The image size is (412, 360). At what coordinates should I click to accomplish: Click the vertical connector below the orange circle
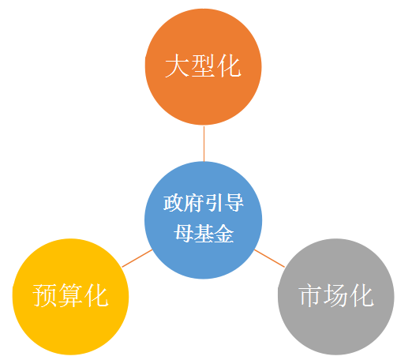pos(204,144)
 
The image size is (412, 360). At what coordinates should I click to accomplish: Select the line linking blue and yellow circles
pos(137,258)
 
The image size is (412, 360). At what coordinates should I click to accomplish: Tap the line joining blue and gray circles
pos(269,258)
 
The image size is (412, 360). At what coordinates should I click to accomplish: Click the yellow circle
pos(70,297)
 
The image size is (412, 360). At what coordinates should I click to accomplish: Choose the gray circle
pos(336,297)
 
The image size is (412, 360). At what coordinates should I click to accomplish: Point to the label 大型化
pos(203,66)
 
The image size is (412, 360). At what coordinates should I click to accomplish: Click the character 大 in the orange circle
pos(177,66)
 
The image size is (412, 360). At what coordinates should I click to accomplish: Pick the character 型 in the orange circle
pos(203,66)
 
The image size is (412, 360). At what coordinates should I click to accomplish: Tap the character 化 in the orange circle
pos(229,66)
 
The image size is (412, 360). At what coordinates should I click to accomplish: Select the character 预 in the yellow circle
pos(44,295)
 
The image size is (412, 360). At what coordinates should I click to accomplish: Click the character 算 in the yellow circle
pos(70,295)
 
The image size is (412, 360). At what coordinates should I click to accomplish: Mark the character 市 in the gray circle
pos(310,295)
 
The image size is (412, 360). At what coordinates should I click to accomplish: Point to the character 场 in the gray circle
pos(335,295)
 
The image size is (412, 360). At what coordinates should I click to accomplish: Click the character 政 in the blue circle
pos(174,203)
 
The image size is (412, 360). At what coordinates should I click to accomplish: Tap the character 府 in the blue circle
pos(193,203)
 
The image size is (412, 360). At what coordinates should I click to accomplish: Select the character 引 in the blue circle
pos(213,203)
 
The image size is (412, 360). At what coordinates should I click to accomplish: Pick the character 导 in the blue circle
pos(234,203)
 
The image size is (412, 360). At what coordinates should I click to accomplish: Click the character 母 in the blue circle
pos(183,234)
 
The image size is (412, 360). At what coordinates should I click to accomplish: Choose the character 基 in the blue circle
pos(204,234)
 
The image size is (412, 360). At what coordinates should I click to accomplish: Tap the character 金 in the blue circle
pos(223,234)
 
